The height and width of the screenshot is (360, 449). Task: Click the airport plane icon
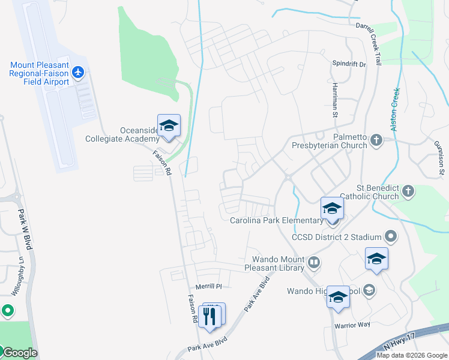(x=77, y=73)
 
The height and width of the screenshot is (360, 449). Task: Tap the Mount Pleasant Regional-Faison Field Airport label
(x=39, y=73)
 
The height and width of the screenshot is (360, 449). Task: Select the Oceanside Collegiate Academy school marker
(x=169, y=126)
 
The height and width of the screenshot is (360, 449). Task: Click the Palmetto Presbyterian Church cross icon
(x=376, y=140)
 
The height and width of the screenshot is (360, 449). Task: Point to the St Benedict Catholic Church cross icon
(x=408, y=191)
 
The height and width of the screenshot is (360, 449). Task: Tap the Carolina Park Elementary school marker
(x=332, y=209)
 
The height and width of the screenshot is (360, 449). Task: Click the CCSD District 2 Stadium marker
(x=391, y=236)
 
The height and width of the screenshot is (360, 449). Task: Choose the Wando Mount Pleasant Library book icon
(x=313, y=262)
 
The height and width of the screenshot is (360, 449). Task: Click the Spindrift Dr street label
(x=349, y=63)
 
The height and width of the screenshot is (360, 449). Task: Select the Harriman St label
(x=336, y=95)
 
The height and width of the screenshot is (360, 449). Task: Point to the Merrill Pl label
(x=209, y=286)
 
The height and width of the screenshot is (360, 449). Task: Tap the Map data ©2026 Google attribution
(x=412, y=355)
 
